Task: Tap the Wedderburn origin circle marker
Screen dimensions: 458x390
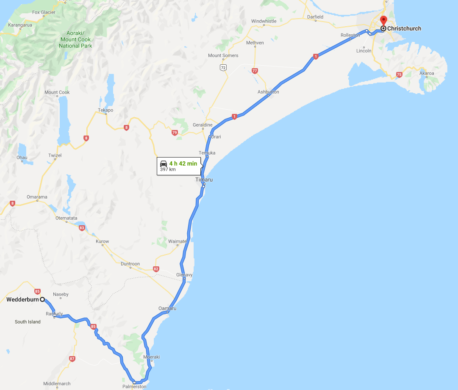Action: [x=42, y=299]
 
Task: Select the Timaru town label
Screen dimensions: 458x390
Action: [x=204, y=180]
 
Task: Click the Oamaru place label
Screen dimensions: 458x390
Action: [x=167, y=308]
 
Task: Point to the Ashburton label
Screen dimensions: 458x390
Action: [x=268, y=92]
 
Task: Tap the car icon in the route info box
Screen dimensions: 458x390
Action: [x=164, y=164]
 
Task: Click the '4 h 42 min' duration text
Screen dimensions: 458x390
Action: [x=183, y=164]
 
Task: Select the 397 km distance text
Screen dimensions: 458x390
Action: [x=167, y=170]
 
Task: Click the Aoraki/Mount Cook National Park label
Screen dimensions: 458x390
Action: [x=75, y=39]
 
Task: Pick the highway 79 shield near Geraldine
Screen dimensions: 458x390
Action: [x=175, y=133]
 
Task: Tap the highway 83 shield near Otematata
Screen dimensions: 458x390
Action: [x=82, y=228]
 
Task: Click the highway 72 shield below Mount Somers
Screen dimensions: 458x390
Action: [x=223, y=67]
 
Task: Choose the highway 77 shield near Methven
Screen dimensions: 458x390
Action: [x=255, y=71]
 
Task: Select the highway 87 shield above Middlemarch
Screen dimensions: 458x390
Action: [x=72, y=359]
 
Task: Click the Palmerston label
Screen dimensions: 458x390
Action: [x=134, y=387]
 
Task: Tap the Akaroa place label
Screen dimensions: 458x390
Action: [x=427, y=73]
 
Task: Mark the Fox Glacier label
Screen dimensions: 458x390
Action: [x=44, y=12]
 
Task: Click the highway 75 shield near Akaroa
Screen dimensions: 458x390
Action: [x=399, y=75]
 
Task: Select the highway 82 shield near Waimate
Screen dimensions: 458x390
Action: [x=156, y=269]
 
